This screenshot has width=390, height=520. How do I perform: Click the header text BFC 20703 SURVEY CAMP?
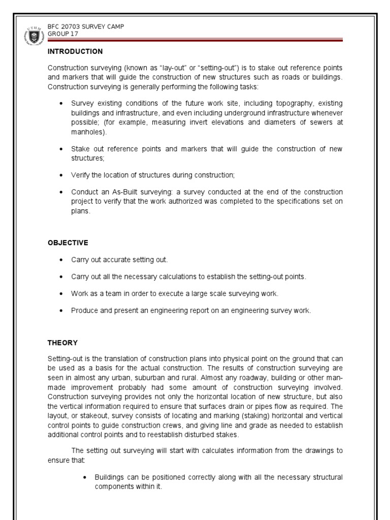click(85, 26)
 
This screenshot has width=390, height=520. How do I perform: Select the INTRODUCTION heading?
click(75, 51)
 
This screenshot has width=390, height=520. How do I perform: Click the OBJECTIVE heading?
click(68, 243)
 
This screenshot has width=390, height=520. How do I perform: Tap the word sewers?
click(323, 122)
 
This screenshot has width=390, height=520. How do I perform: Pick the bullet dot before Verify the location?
click(61, 175)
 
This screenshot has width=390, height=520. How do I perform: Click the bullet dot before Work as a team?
click(61, 294)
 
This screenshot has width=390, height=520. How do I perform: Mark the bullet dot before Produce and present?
click(61, 311)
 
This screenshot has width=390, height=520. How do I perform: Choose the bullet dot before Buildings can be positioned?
click(85, 477)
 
